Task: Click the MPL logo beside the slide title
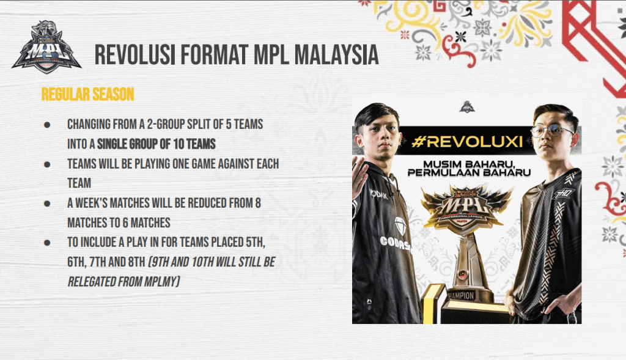(x=46, y=47)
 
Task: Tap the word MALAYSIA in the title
(x=337, y=54)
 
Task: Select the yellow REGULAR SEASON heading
(x=88, y=95)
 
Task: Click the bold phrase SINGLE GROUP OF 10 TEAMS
(x=156, y=144)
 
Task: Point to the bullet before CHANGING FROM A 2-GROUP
(x=47, y=125)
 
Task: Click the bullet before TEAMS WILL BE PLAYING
(x=47, y=164)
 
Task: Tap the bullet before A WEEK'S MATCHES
(x=47, y=203)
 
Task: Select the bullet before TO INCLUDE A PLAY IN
(x=47, y=242)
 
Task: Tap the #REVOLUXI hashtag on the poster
(x=467, y=141)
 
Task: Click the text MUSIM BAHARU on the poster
(x=469, y=164)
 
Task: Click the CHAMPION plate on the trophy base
(x=460, y=296)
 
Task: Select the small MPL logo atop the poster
(x=466, y=107)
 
